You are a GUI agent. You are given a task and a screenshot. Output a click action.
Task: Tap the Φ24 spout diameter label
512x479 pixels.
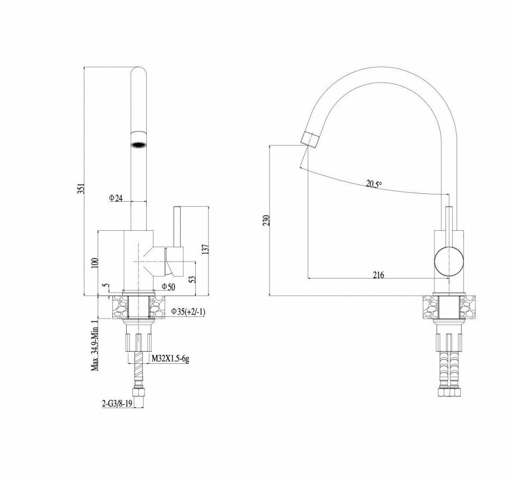click(116, 198)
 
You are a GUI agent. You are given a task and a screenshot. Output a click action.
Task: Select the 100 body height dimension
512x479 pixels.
click(95, 262)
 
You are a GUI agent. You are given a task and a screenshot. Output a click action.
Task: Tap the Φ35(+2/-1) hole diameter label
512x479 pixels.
click(187, 312)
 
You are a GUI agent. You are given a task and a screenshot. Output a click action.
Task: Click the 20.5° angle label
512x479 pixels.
click(374, 184)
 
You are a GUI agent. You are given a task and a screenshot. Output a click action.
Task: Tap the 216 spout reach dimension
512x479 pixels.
click(378, 275)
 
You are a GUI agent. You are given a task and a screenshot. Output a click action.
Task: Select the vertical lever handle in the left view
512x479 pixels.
click(178, 227)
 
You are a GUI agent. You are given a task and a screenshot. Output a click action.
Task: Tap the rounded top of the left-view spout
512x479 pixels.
click(138, 72)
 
